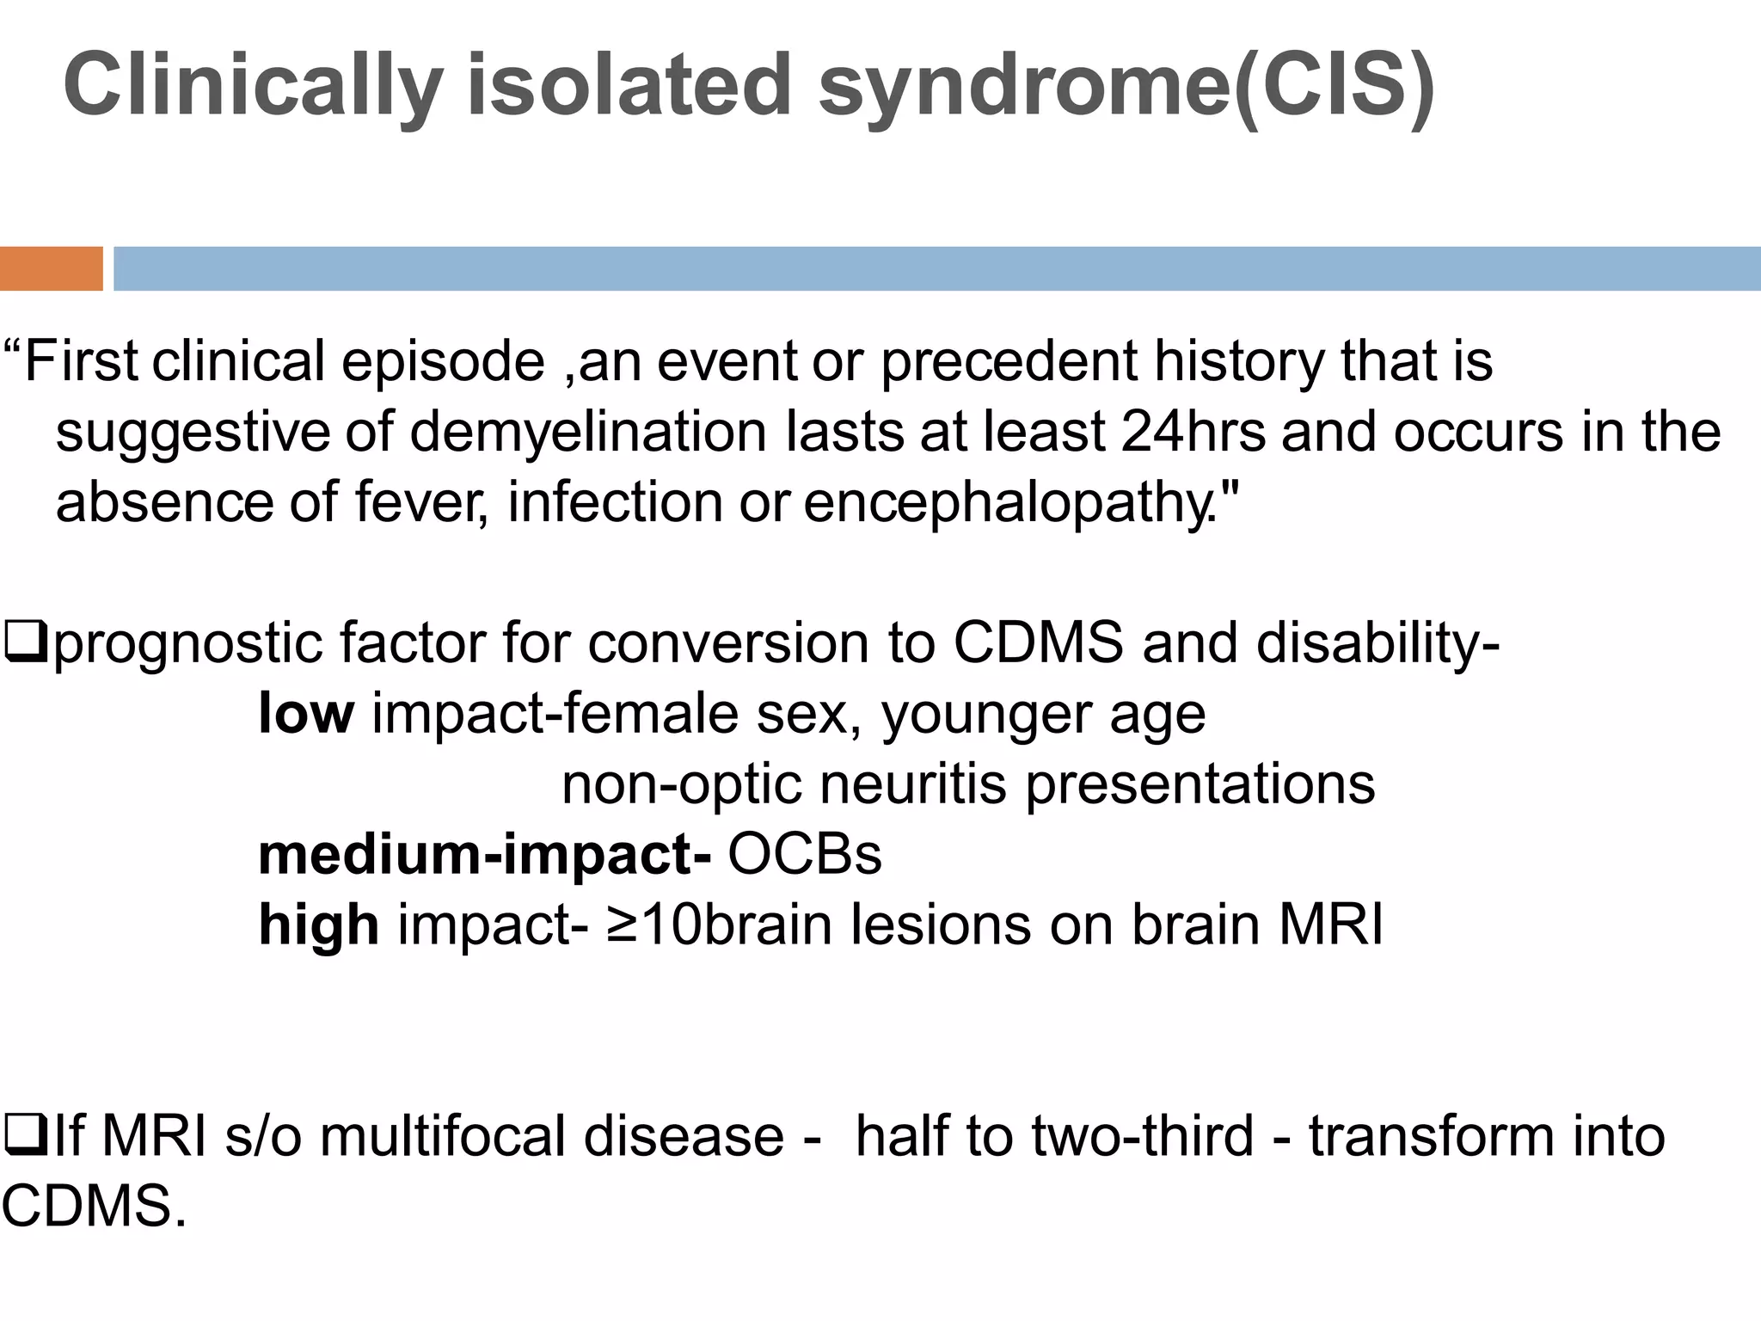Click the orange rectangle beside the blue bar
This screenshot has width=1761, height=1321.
tap(51, 268)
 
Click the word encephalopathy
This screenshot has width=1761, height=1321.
tap(1021, 502)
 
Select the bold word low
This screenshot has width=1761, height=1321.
tap(305, 713)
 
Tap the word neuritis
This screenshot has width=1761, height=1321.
tap(913, 783)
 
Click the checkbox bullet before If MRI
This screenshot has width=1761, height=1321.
tap(23, 1135)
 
